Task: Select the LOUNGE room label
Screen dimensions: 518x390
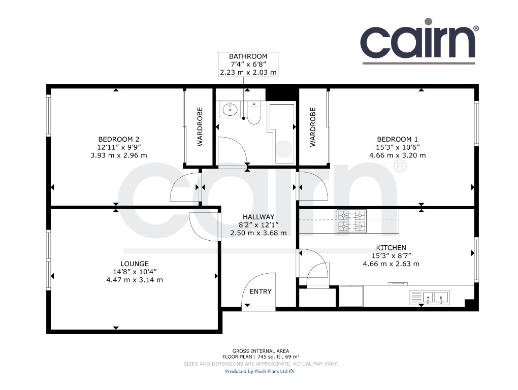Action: [x=135, y=264]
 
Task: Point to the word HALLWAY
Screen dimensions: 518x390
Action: [x=258, y=217]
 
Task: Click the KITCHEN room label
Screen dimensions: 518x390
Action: [x=391, y=248]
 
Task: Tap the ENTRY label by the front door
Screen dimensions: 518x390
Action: [x=261, y=291]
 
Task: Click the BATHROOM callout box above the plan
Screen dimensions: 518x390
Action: [x=248, y=64]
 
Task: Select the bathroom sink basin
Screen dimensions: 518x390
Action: [x=230, y=109]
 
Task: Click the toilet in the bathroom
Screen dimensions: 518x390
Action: [x=254, y=112]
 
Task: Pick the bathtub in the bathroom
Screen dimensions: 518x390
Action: [x=282, y=134]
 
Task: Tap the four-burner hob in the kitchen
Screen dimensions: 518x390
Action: [x=351, y=221]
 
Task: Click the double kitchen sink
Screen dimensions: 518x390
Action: [x=430, y=297]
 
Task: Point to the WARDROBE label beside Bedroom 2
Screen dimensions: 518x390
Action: [x=200, y=127]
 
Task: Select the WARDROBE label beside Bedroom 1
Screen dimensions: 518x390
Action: [x=313, y=127]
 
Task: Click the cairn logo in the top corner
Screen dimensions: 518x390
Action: [x=419, y=41]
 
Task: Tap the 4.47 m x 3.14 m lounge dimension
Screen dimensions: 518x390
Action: [x=135, y=280]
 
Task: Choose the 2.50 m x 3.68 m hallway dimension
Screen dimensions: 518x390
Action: [x=258, y=233]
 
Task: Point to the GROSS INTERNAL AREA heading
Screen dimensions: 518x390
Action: [x=261, y=351]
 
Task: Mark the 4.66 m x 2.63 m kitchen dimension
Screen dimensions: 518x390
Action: [x=391, y=264]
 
